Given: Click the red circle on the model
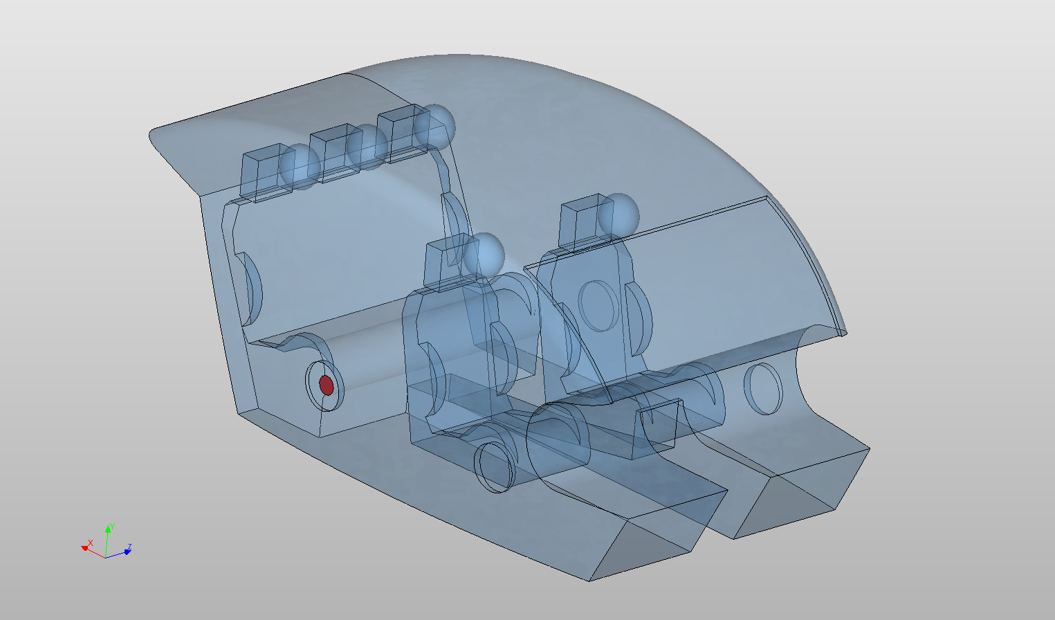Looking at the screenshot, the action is tap(327, 385).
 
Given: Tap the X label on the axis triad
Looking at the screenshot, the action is tap(91, 542).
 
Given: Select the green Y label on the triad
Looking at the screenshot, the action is tap(112, 527).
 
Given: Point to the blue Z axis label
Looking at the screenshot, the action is tap(129, 547).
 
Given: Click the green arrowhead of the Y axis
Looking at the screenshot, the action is tap(108, 529).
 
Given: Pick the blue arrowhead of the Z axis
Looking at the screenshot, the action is tap(127, 551).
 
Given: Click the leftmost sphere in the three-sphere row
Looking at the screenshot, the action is tap(300, 167).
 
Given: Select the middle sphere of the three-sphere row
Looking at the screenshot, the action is tap(367, 147).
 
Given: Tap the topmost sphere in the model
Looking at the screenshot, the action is tap(434, 126).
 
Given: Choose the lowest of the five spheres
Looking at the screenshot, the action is tap(484, 255).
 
